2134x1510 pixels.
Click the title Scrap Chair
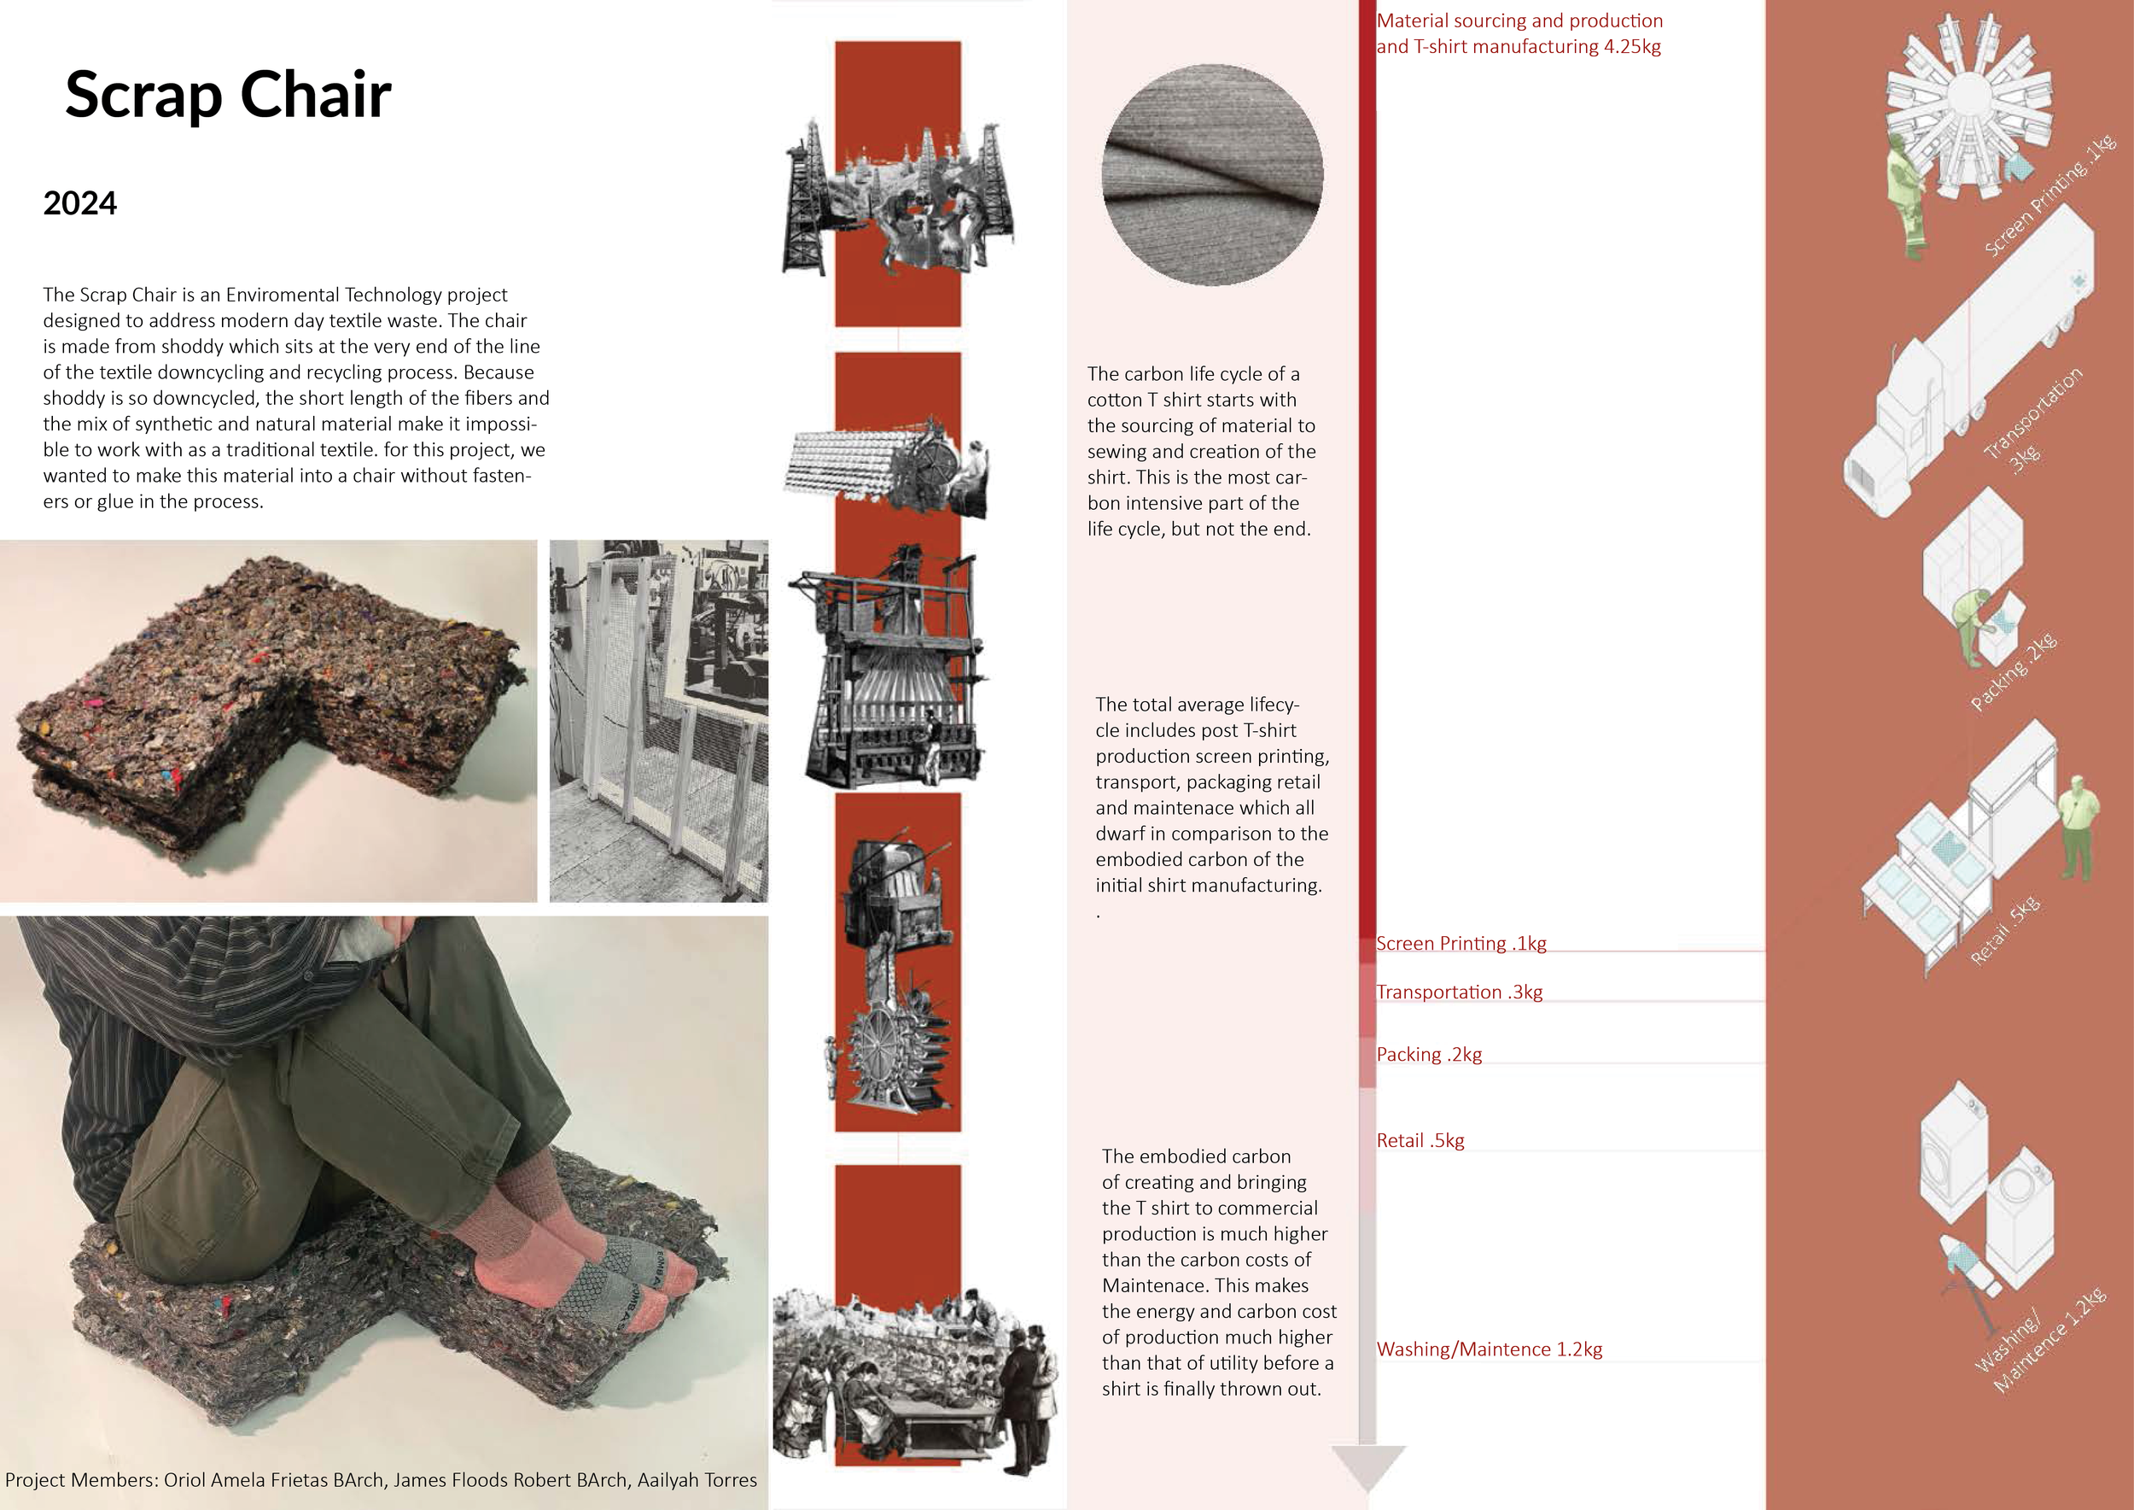tap(229, 95)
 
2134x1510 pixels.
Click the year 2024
tap(80, 203)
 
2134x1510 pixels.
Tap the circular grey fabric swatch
tap(1212, 175)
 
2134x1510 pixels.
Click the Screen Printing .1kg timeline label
tap(1461, 943)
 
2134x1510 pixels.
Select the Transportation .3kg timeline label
tap(1459, 992)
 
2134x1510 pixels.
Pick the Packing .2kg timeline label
tap(1430, 1055)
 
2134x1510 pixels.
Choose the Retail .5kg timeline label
tap(1420, 1140)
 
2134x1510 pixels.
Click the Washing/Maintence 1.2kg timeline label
tap(1489, 1349)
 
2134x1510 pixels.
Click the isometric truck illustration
tap(1968, 363)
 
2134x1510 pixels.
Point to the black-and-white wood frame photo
tap(659, 721)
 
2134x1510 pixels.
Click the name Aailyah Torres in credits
tap(697, 1479)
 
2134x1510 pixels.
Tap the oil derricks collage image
tap(898, 198)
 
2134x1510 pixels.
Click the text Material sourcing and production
tap(1519, 20)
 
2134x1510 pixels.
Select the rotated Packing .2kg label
tap(2013, 671)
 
